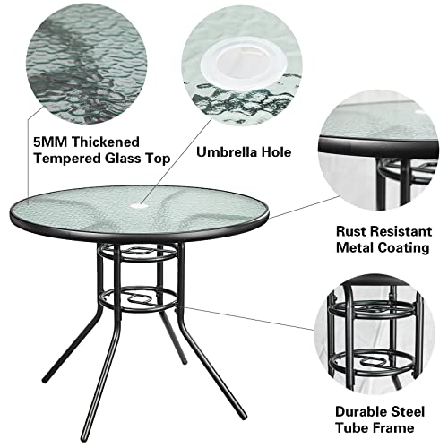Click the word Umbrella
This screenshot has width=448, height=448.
pos(220,151)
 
